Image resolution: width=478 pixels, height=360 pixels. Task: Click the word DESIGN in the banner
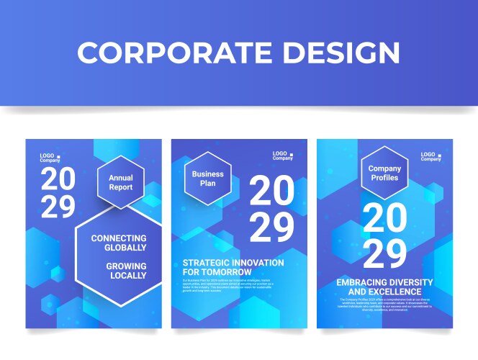[x=341, y=53]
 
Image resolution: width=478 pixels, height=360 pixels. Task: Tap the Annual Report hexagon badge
[x=121, y=183]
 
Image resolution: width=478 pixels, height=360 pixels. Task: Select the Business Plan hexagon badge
[x=207, y=179]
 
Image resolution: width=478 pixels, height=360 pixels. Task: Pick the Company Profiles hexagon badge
[x=384, y=174]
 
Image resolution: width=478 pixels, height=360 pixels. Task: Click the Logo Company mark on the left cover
[x=50, y=158]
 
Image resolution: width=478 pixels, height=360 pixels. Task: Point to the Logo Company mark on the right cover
[x=431, y=156]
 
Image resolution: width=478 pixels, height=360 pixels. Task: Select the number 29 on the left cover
[x=58, y=207]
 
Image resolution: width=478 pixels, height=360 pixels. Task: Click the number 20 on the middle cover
[x=271, y=192]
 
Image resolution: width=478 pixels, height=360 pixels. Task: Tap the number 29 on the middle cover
[x=271, y=228]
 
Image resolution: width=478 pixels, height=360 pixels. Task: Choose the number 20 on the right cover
[x=384, y=218]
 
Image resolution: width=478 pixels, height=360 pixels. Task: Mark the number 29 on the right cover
[x=384, y=253]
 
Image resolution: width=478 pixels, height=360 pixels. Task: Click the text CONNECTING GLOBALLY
[x=119, y=243]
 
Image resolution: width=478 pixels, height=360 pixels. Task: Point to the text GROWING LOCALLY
[x=126, y=271]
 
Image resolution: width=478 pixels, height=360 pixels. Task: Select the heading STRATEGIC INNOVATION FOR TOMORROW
[x=233, y=267]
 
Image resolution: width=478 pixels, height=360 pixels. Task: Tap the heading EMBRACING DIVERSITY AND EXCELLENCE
[x=384, y=287]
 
